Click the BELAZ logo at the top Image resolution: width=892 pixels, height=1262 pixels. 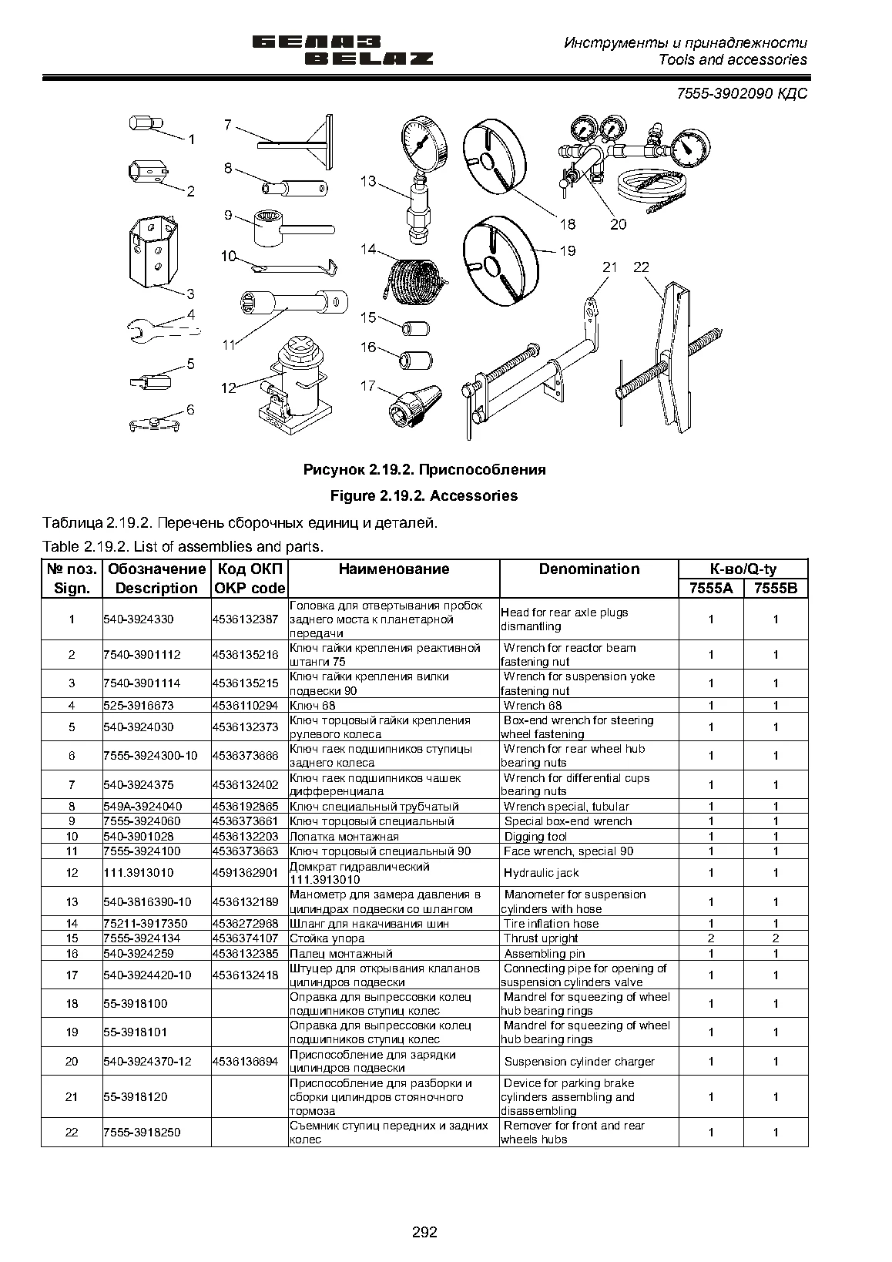click(x=343, y=50)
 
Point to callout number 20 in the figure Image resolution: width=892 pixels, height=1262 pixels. click(x=618, y=224)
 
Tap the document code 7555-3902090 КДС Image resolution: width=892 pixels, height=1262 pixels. click(x=742, y=93)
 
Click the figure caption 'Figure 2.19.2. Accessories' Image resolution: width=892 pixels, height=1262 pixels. click(x=424, y=496)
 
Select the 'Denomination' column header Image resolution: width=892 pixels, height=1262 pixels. click(x=589, y=569)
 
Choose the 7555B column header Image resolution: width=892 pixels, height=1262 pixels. click(x=776, y=588)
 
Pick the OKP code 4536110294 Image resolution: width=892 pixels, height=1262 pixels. click(x=246, y=706)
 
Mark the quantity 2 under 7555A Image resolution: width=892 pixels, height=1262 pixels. click(x=711, y=938)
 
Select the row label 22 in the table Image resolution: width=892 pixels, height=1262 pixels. click(x=72, y=1132)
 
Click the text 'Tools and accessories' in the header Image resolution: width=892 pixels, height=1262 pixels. click(x=733, y=60)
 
